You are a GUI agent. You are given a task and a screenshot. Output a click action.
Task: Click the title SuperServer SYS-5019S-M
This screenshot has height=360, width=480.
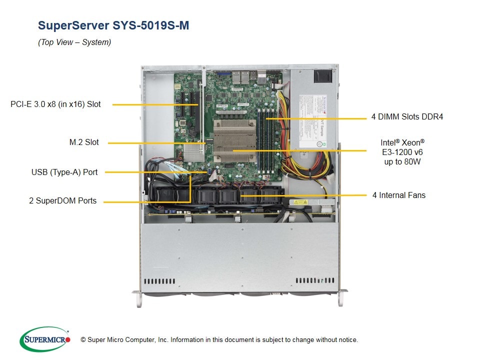[x=113, y=25]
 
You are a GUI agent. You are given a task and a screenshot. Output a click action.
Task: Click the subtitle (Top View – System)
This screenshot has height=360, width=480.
[x=74, y=42]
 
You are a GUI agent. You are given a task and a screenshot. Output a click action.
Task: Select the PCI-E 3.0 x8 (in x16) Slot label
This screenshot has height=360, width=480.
[x=55, y=104]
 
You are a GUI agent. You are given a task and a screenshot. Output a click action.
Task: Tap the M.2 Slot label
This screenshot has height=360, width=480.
[x=84, y=142]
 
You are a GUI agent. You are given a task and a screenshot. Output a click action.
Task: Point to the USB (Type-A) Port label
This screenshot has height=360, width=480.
[x=64, y=172]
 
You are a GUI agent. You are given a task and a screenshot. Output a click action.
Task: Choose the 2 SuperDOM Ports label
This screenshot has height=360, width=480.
[x=63, y=201]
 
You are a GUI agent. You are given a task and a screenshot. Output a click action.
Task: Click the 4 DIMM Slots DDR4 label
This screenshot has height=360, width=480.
[x=407, y=117]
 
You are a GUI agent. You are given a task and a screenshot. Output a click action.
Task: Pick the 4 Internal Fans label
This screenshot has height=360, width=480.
[x=398, y=195]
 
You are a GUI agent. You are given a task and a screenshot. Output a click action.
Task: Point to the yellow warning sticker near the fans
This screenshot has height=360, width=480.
[x=300, y=202]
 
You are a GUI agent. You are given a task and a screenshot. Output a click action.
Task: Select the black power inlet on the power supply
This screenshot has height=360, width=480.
[x=322, y=76]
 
